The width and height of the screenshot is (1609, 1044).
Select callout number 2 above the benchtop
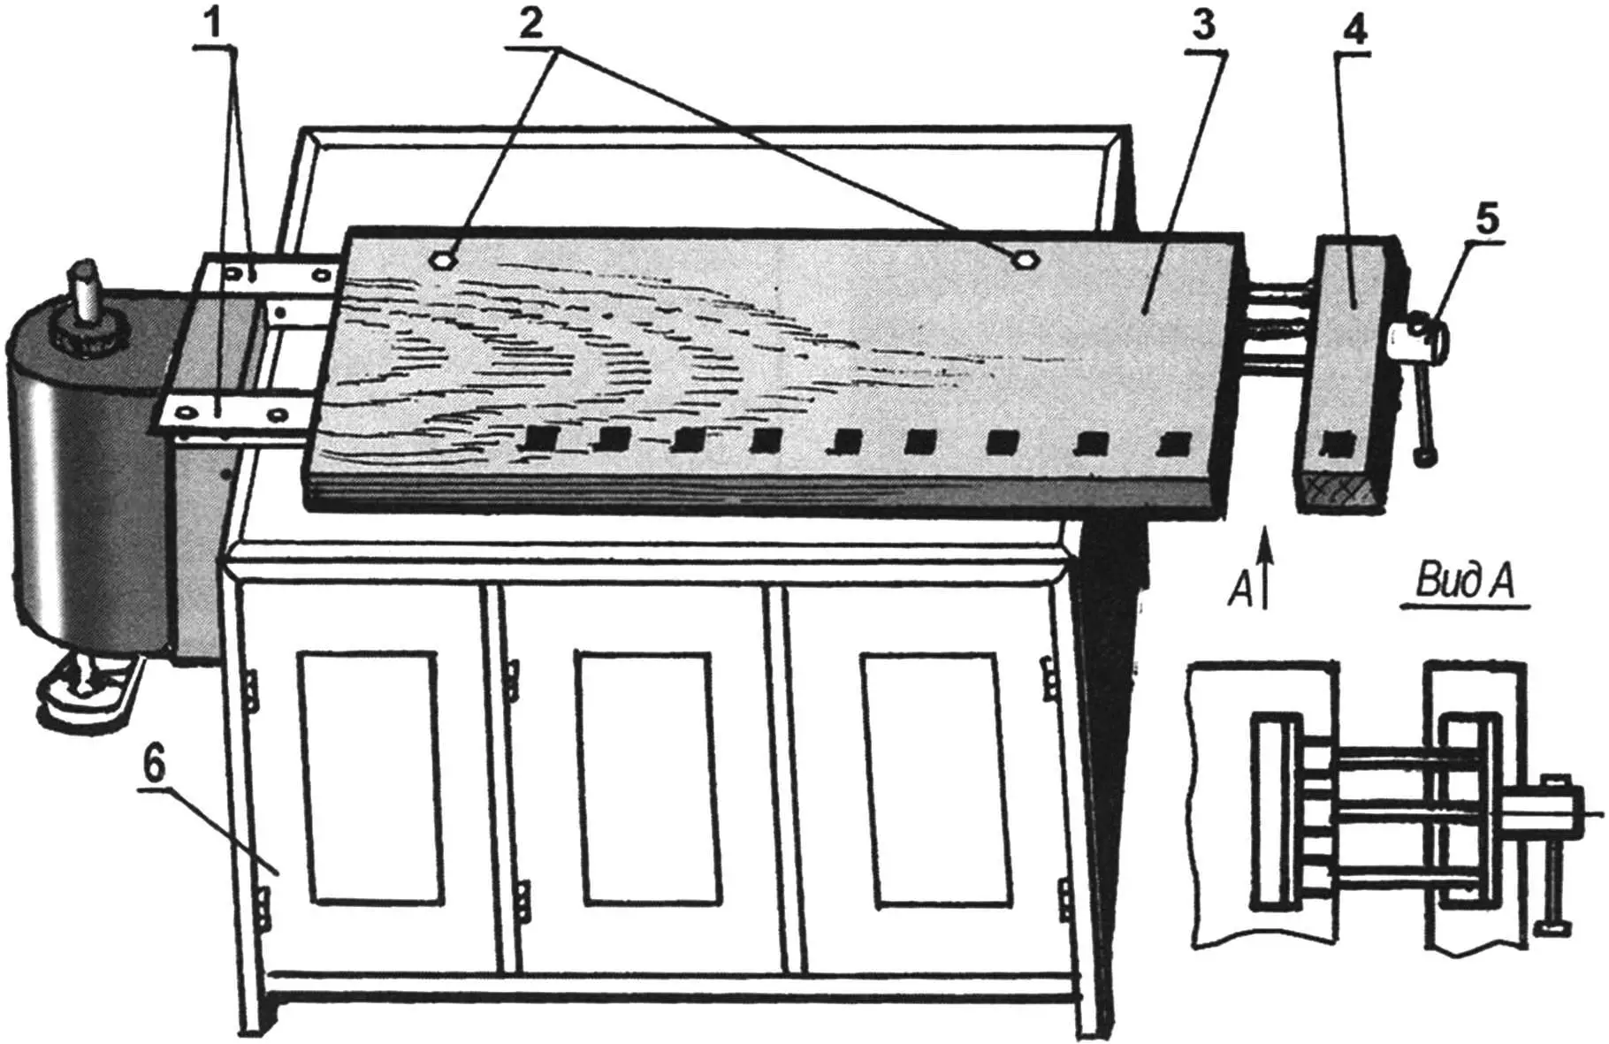[x=532, y=24]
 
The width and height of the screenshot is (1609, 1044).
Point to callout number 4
[x=1354, y=32]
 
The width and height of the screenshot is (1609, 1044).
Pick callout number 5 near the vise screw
[x=1489, y=219]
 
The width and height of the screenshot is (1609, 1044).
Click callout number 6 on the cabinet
[x=153, y=766]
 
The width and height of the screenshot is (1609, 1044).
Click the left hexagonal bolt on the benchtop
[x=444, y=259]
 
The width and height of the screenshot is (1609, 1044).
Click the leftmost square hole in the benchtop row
[x=538, y=436]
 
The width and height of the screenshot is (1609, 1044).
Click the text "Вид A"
[x=1465, y=583]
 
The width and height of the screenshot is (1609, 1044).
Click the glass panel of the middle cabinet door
[x=644, y=779]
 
